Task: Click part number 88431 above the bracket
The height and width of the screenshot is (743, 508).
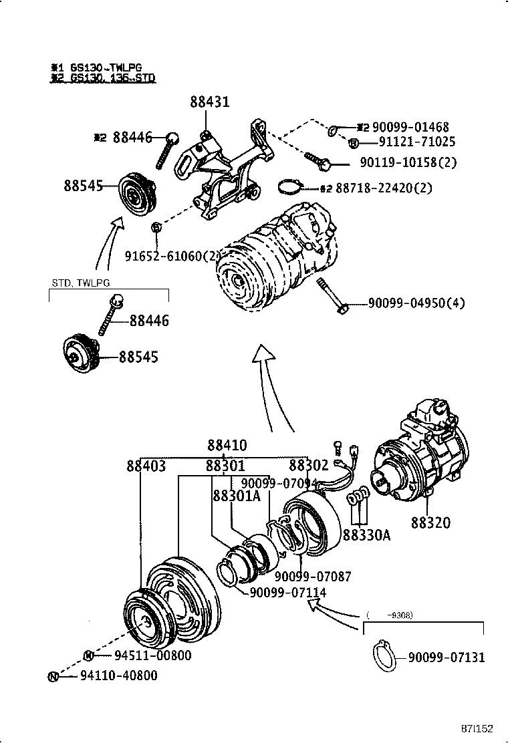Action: [x=209, y=102]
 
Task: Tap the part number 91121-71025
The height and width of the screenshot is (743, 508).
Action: [x=408, y=142]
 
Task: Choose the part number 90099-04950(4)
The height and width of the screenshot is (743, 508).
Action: [x=416, y=303]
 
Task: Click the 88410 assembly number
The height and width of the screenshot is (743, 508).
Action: [x=227, y=445]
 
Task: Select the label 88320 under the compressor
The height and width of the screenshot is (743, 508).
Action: [x=430, y=523]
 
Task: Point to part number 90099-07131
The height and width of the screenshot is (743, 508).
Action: [x=447, y=657]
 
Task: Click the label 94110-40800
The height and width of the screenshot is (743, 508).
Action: [x=119, y=676]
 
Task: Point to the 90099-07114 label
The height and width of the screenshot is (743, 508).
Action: [x=288, y=593]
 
